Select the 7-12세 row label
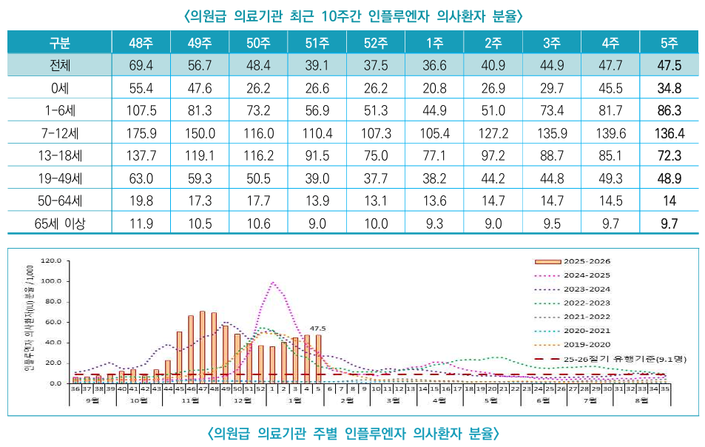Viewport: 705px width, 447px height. (60, 135)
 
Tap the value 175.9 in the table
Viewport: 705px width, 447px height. (141, 135)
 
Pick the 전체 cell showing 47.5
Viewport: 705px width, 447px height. (669, 65)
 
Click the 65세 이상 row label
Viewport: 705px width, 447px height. (60, 221)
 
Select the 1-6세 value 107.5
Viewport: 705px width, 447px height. (141, 112)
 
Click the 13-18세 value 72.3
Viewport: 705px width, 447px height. (669, 157)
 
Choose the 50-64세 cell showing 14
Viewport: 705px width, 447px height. (669, 201)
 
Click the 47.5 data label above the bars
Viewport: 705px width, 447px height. (318, 329)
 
